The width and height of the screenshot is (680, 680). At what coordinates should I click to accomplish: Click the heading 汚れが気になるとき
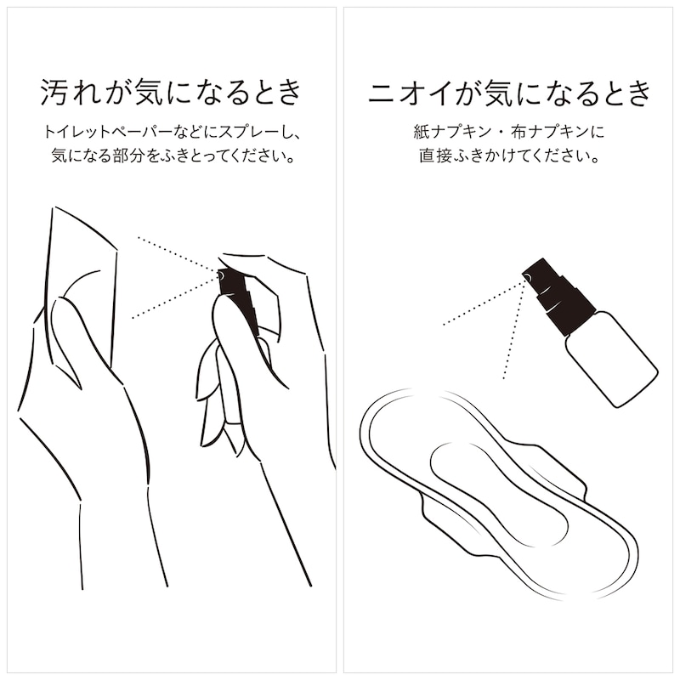171,92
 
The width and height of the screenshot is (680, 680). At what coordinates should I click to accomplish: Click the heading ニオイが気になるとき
509,92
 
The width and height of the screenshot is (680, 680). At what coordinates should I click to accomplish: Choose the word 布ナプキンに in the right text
558,132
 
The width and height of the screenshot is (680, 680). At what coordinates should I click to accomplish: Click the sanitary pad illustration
499,495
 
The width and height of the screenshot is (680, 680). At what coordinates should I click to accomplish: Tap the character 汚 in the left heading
54,92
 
